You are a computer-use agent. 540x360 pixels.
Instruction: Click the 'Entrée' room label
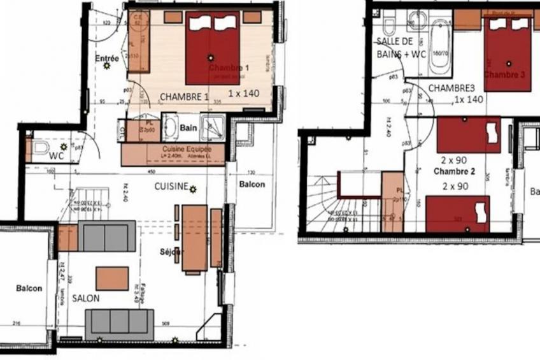click(107, 58)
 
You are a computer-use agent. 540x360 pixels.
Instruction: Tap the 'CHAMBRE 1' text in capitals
click(184, 96)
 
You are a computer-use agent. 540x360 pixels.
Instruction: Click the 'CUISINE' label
click(171, 187)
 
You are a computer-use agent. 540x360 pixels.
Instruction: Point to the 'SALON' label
click(85, 298)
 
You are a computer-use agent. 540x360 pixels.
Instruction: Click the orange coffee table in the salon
click(112, 278)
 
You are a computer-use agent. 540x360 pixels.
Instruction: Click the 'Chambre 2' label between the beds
click(455, 172)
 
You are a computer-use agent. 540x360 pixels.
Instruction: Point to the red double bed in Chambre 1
click(213, 48)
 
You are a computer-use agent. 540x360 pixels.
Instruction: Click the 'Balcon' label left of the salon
click(29, 288)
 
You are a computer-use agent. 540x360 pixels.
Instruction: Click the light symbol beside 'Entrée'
click(107, 65)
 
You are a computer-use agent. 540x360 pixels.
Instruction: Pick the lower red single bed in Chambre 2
click(457, 213)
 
